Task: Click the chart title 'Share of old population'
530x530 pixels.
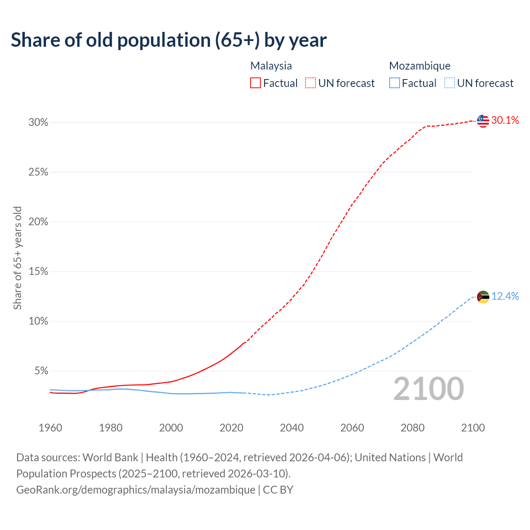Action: point(169,40)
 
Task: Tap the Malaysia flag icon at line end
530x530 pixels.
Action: point(483,120)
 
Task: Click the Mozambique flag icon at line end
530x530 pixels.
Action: point(483,297)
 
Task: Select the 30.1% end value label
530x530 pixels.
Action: point(505,120)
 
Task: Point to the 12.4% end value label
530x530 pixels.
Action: point(505,296)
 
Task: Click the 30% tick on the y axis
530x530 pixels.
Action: point(38,123)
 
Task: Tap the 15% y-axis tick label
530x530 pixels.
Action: point(38,272)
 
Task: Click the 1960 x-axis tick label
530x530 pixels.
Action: point(50,428)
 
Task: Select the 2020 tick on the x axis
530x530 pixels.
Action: point(231,428)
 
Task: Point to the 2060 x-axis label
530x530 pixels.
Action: point(352,428)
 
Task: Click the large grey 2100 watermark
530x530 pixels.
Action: point(429,389)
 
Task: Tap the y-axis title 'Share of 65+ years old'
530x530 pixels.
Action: point(17,258)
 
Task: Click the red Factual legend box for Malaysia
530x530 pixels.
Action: point(255,83)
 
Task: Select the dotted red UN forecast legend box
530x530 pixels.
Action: point(311,83)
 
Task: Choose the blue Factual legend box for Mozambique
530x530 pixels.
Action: point(395,83)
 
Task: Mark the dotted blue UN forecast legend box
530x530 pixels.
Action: point(450,83)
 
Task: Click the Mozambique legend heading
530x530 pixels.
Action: point(420,66)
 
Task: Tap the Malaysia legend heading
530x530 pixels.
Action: point(271,66)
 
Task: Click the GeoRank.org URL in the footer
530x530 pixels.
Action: point(136,490)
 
